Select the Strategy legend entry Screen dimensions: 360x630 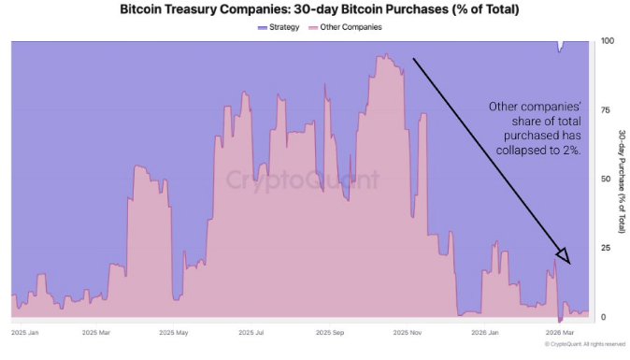coord(279,27)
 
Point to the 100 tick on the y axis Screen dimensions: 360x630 coord(607,41)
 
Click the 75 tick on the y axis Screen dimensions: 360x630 coord(605,109)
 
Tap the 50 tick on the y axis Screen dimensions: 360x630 coord(605,179)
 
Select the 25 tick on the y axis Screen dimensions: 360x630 coord(605,248)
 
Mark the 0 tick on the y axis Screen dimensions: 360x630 coord(603,317)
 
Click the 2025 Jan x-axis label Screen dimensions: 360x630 coord(24,333)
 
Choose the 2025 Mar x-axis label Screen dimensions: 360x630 coord(96,333)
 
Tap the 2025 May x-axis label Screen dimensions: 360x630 coord(174,333)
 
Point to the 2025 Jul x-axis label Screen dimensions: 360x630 coord(251,333)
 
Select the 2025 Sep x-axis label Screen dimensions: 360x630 coord(330,333)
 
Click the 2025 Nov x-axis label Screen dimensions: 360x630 coord(408,333)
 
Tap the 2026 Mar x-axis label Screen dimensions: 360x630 coord(560,333)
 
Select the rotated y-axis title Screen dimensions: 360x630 coord(622,181)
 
